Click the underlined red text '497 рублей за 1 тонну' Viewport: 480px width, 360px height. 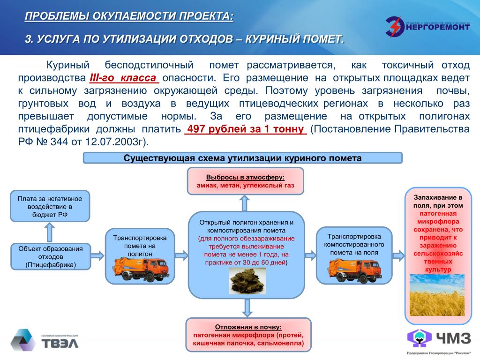click(x=246, y=129)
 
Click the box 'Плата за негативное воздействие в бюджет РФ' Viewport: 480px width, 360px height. click(x=50, y=206)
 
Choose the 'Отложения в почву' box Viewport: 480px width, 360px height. click(x=248, y=335)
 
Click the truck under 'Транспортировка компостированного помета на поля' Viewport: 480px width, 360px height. click(x=354, y=270)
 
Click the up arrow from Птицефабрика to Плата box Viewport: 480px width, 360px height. click(x=50, y=232)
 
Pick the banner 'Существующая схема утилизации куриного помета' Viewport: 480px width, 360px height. click(x=242, y=158)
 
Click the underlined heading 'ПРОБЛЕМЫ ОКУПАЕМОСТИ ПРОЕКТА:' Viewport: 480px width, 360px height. click(x=128, y=17)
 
